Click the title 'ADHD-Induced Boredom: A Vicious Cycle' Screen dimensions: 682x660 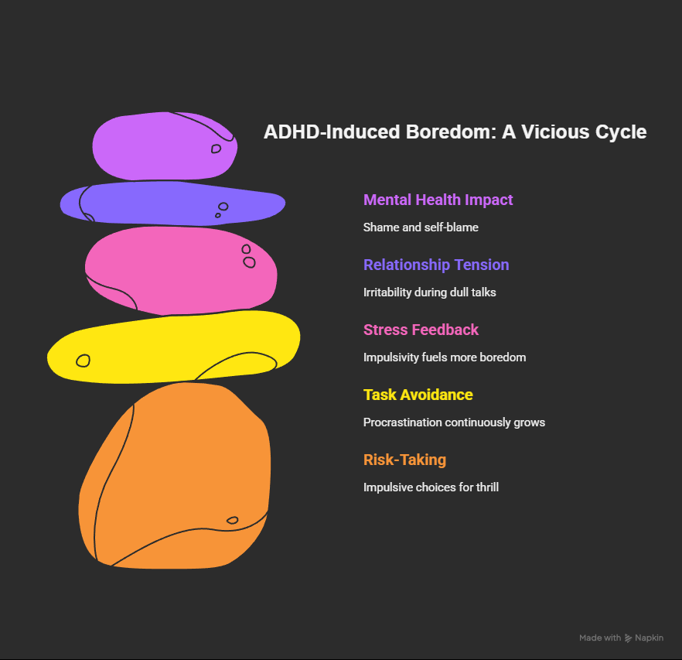(455, 132)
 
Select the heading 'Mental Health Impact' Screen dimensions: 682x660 (438, 200)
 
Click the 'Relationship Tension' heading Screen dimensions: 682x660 (436, 265)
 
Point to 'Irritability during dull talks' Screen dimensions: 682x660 (430, 292)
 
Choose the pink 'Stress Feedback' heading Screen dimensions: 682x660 (421, 330)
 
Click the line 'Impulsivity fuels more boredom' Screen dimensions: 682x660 (445, 357)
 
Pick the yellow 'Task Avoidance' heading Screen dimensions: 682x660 (418, 395)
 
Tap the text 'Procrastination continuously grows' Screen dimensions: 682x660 (454, 422)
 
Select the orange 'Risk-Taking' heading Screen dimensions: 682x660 (404, 460)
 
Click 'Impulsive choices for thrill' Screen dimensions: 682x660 (431, 487)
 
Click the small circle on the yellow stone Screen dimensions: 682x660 (83, 361)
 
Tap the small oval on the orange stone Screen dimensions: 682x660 (232, 520)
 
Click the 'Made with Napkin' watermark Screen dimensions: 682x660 (621, 638)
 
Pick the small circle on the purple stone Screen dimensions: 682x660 (217, 148)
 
